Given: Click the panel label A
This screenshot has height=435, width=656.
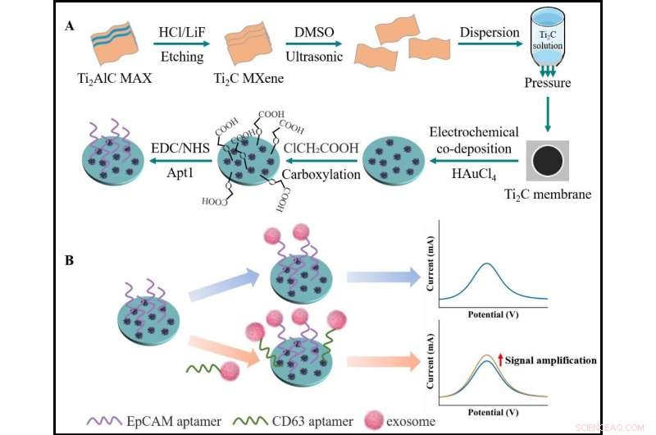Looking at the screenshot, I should tap(70, 25).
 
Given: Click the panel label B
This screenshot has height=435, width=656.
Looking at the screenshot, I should tap(70, 261).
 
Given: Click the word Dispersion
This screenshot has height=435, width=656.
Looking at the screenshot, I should tap(489, 33).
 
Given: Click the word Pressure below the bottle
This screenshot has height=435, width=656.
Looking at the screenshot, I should tap(548, 83).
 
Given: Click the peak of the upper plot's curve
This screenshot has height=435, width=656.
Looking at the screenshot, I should tap(487, 264).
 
